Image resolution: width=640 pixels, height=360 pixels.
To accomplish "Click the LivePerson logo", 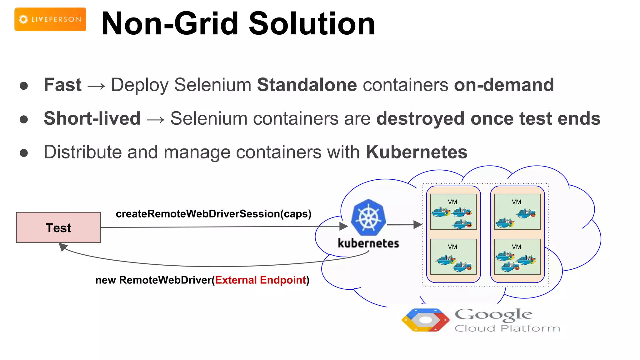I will click(x=50, y=19).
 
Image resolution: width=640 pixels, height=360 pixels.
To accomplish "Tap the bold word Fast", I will click(x=62, y=85).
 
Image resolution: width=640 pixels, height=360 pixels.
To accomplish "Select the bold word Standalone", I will click(x=307, y=85).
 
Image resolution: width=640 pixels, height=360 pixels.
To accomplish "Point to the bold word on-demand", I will click(x=504, y=85).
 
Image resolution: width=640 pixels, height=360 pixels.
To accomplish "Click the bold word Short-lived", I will click(x=92, y=118).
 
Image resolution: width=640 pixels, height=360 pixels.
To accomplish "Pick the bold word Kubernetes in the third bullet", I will click(x=417, y=152).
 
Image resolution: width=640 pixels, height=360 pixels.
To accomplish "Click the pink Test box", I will click(x=58, y=227).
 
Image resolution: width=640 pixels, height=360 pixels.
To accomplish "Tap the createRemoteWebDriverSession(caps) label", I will click(x=213, y=214).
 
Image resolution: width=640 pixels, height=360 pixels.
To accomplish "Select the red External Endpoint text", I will click(x=260, y=280).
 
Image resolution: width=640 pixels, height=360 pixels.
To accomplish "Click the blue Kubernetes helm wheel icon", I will click(x=368, y=217).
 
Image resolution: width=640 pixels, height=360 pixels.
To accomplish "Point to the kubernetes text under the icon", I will click(x=368, y=243).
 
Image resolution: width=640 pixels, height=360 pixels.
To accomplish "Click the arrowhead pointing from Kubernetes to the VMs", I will click(x=417, y=224).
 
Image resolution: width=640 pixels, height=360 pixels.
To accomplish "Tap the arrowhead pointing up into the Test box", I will click(x=63, y=247).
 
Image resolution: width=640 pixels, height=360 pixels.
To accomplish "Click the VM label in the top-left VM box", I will click(x=452, y=202).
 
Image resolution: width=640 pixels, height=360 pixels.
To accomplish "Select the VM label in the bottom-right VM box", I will click(x=516, y=247).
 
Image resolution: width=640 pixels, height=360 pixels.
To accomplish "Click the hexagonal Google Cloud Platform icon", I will click(x=425, y=320).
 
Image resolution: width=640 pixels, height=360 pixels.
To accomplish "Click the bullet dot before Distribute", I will click(x=24, y=153).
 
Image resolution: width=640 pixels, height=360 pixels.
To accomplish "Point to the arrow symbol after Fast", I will click(x=96, y=86).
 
